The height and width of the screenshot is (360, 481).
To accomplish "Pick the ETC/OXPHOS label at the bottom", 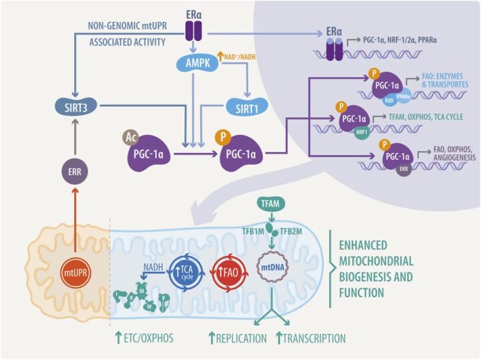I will [145, 338].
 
